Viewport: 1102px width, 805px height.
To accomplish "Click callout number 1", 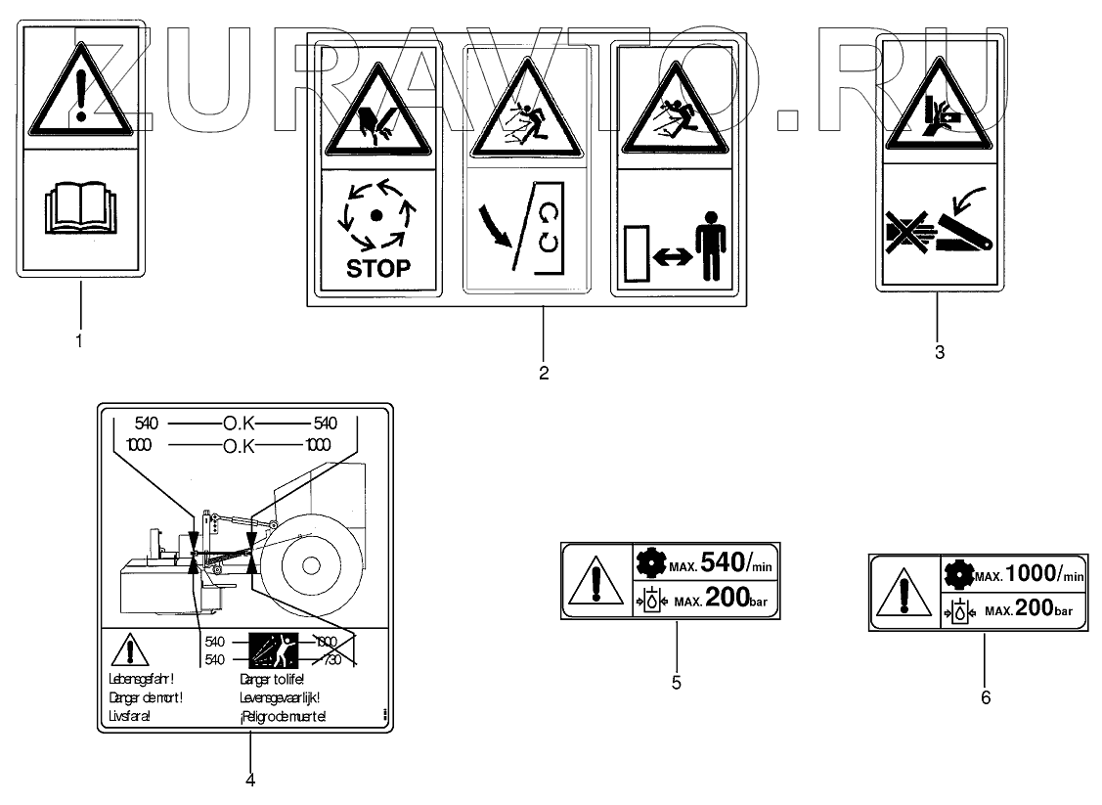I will click(79, 341).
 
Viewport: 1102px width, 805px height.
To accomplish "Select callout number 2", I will click(543, 372).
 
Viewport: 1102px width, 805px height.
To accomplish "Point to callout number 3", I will click(939, 352).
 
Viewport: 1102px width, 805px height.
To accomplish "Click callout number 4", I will click(250, 780).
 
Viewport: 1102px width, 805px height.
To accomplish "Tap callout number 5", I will click(677, 682).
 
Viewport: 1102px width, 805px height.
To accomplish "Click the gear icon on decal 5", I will click(649, 563).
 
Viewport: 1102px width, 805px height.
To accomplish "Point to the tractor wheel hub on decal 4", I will click(310, 565).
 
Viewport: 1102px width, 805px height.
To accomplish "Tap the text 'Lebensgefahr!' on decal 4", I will click(146, 677).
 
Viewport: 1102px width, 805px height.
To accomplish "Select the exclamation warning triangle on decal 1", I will click(81, 94).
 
